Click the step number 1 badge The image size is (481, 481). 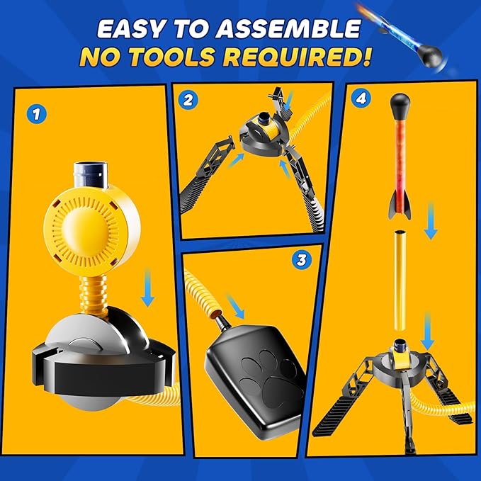[x=37, y=115]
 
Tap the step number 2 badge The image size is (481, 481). [x=188, y=100]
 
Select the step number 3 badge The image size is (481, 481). [x=302, y=260]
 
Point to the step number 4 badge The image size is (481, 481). [x=361, y=98]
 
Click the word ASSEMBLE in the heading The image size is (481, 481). [x=288, y=29]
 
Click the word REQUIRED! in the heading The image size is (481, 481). [x=297, y=57]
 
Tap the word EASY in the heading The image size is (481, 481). [x=133, y=29]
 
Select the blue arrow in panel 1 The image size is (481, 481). [x=147, y=288]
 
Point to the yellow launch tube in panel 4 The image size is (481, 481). [x=400, y=281]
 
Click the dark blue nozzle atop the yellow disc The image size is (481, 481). [x=91, y=175]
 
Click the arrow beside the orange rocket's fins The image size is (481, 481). [x=431, y=220]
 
